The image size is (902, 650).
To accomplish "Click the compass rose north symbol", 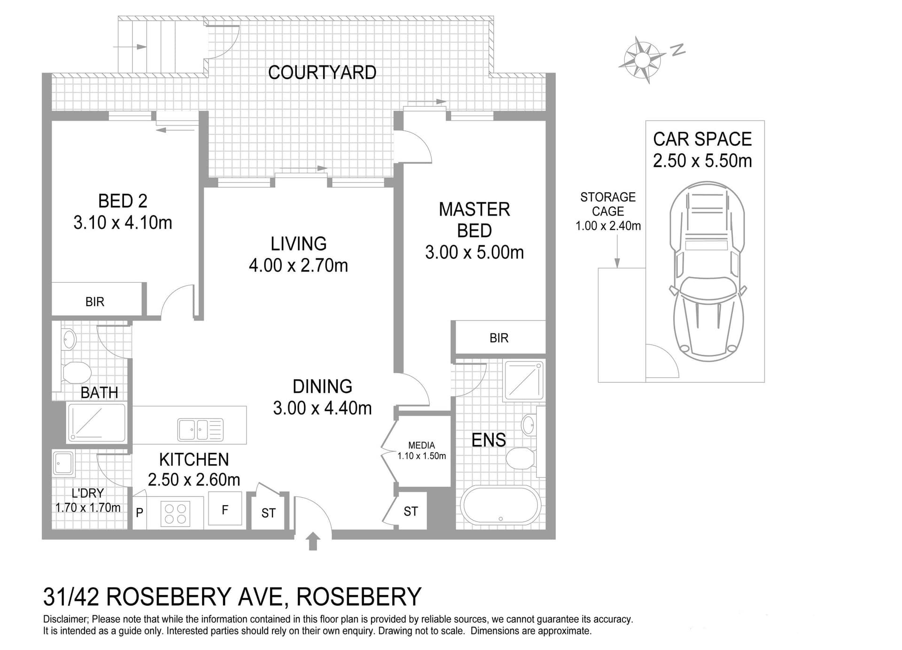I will [x=642, y=60].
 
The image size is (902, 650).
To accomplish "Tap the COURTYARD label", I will [x=322, y=72].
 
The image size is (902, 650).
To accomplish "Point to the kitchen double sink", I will [x=200, y=429].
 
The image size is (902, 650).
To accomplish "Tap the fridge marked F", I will [x=225, y=509].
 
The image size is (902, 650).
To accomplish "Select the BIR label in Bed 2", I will [x=95, y=302].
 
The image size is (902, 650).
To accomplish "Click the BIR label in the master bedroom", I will [x=498, y=338].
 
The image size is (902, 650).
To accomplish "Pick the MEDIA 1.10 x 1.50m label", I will [x=421, y=451].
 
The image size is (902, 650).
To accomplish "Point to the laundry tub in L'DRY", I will [x=63, y=463].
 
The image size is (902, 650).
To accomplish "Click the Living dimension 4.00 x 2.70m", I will [x=298, y=266].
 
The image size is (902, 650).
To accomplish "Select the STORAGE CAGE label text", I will [x=608, y=204].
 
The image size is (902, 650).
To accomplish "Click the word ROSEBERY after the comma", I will [x=359, y=597].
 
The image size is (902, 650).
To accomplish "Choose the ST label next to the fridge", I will [x=268, y=513].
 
